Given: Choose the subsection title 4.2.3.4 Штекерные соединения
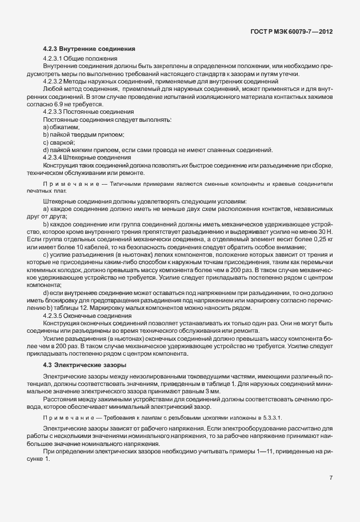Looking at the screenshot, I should click(x=87, y=157).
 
